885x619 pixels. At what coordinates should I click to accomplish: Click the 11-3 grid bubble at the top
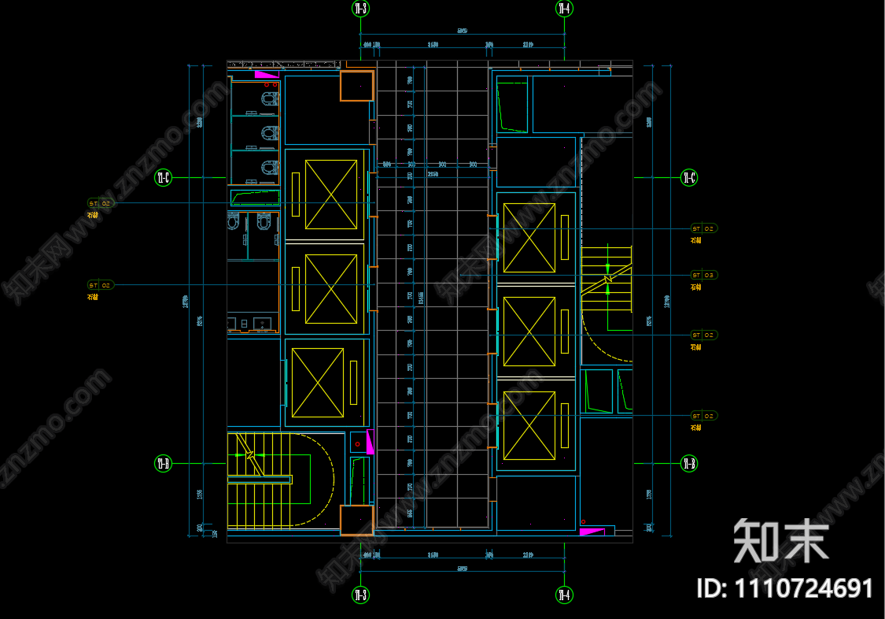361,9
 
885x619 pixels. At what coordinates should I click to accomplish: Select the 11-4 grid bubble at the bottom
565,595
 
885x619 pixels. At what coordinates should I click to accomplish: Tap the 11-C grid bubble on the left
164,177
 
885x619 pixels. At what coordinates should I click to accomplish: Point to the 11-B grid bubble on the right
689,463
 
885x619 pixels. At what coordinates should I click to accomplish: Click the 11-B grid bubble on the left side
163,463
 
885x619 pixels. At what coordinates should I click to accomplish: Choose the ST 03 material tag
704,275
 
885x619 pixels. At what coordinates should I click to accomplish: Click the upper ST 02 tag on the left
101,203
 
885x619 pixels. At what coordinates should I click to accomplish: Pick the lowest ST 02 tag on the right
704,416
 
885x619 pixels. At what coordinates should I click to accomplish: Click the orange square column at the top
356,85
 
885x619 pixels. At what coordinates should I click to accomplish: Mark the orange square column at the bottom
356,521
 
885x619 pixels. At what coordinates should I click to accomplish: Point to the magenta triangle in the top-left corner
266,74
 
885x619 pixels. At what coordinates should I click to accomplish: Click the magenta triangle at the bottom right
591,532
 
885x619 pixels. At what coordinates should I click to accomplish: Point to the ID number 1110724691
785,588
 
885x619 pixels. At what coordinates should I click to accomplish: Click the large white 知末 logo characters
780,542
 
